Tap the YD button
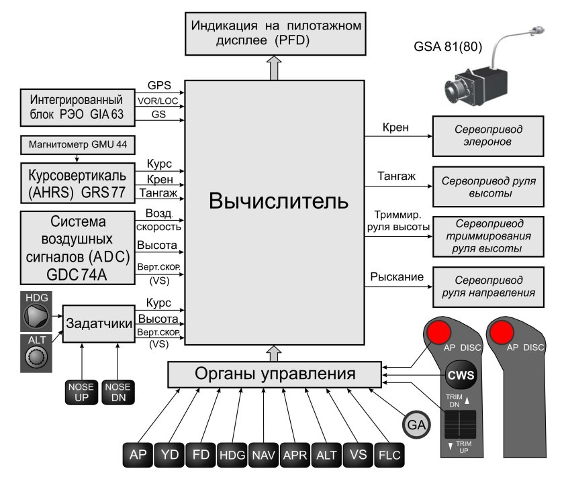(169, 456)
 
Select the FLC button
(389, 456)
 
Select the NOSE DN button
(117, 391)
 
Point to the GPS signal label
(160, 86)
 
